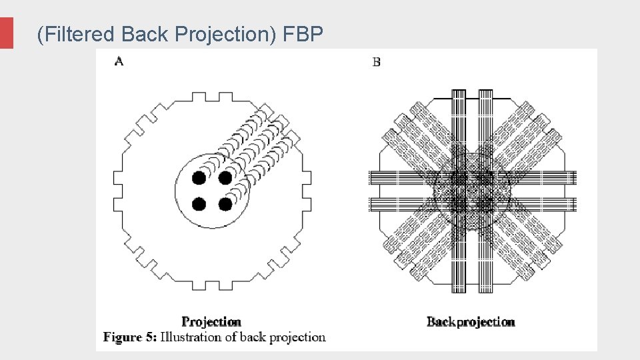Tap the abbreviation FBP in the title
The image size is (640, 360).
(x=303, y=34)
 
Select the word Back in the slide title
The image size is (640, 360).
(x=145, y=34)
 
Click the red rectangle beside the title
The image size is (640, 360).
(x=7, y=33)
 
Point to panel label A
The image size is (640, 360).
(x=119, y=61)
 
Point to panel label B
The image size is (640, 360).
(x=376, y=62)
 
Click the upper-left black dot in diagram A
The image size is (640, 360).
(x=199, y=178)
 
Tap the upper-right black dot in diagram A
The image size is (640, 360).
(x=225, y=178)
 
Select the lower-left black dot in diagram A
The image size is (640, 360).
(x=199, y=204)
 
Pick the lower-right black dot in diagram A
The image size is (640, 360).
(x=225, y=204)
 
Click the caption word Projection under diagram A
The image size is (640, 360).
(x=211, y=321)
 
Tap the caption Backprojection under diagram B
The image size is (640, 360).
(x=471, y=322)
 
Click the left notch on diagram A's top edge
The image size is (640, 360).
(x=199, y=97)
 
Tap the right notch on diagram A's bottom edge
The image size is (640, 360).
(x=225, y=285)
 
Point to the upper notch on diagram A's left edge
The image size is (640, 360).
(x=118, y=178)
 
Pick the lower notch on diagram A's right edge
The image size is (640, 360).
(x=307, y=204)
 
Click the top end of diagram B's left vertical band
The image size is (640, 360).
(x=459, y=90)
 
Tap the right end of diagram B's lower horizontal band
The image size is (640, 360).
(x=575, y=204)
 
